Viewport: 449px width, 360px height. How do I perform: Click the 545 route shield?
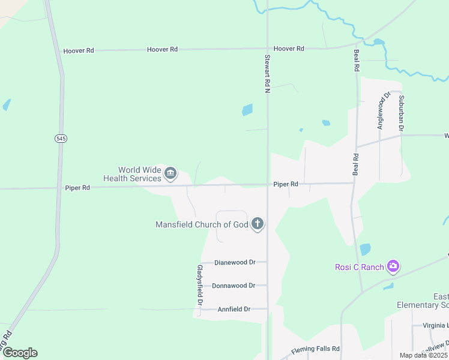click(x=61, y=139)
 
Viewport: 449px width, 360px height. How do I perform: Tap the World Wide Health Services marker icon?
click(x=170, y=174)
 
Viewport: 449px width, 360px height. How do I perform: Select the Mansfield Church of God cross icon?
click(x=258, y=224)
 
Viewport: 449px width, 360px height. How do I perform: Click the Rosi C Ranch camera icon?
click(x=393, y=266)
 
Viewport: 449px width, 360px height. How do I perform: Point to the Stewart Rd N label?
click(x=268, y=74)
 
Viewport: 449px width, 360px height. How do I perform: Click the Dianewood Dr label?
click(x=235, y=263)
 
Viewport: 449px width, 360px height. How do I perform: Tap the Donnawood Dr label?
click(x=234, y=286)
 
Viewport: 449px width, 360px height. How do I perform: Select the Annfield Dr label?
click(x=234, y=309)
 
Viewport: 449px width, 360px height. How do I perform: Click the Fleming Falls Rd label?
click(x=316, y=349)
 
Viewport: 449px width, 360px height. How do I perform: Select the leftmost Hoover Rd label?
click(x=79, y=51)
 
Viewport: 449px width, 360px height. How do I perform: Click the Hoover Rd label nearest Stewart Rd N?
click(x=289, y=49)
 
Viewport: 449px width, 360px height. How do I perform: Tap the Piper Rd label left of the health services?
click(x=77, y=188)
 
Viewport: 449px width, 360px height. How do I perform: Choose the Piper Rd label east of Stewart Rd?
click(x=286, y=184)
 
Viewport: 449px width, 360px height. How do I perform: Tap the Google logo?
click(x=20, y=353)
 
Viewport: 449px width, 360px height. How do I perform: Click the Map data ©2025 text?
click(x=423, y=355)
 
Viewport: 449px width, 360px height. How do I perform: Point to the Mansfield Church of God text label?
click(x=202, y=225)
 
